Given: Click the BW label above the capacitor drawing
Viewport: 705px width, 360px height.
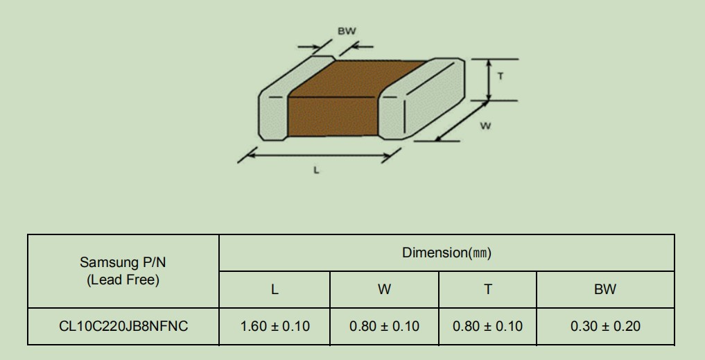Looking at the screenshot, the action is click(347, 31).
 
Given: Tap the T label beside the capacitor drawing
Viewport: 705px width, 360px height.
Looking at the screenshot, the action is click(501, 76).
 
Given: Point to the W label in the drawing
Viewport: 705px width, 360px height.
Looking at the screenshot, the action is click(485, 126).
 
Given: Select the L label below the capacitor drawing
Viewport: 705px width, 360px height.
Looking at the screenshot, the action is click(316, 170).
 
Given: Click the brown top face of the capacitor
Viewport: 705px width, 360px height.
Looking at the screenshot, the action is click(355, 79).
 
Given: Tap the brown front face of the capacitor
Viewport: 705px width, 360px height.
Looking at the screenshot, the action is click(333, 117).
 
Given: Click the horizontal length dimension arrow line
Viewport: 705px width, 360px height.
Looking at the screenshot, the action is click(319, 155).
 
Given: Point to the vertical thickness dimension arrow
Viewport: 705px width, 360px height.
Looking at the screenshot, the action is click(489, 80).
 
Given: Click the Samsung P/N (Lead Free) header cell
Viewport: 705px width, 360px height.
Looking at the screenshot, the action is click(123, 271).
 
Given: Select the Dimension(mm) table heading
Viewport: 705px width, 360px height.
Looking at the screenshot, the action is click(446, 253).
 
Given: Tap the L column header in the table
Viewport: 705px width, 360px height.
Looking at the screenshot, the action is click(275, 289).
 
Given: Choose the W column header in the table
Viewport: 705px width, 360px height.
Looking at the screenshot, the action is click(384, 289).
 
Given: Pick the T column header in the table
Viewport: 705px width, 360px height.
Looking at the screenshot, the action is click(488, 289).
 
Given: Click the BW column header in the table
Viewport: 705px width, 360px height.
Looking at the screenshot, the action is click(605, 289).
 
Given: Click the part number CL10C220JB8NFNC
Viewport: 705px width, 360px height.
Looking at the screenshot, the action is click(123, 326).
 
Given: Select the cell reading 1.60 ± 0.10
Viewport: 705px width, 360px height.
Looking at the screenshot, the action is click(275, 326).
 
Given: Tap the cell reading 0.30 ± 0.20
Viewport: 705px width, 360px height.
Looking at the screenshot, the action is click(605, 326).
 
